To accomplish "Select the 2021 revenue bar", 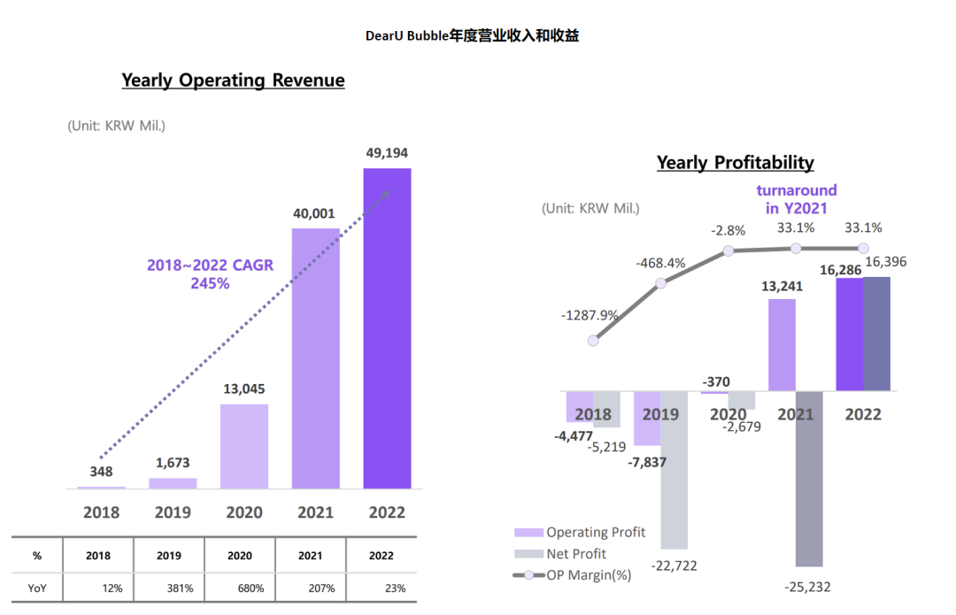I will pos(315,358).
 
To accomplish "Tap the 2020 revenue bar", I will pos(243,446).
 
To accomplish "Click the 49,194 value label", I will pos(387,153).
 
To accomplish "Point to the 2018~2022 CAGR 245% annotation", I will pos(210,274).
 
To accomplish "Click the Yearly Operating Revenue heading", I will pos(233,81).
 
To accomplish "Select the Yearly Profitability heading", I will pos(735,163).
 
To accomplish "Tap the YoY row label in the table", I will pos(37,588).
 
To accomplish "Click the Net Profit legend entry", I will pos(575,554).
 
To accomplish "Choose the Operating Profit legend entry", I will pos(595,533).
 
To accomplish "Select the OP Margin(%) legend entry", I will pos(587,575).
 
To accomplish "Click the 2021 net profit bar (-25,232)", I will pos(809,478).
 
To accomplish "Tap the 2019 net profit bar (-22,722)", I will pos(674,469).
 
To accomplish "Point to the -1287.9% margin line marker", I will pos(594,340).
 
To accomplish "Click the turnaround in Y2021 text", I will pos(796,199).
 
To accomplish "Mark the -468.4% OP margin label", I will pos(659,263).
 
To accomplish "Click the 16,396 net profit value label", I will pos(885,262).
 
